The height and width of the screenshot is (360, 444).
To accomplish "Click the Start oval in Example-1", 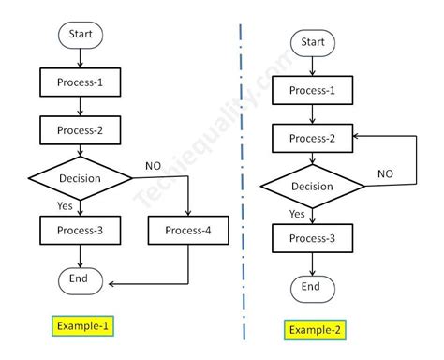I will coord(80,36).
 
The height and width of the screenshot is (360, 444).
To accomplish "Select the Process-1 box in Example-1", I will coord(80,83).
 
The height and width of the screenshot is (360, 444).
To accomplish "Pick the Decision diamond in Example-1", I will coord(80,176).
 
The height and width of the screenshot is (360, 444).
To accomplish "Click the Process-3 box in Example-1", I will coord(80,231).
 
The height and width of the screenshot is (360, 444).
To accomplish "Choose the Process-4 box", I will coord(188,231).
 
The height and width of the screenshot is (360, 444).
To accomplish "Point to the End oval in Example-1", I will coord(80,279).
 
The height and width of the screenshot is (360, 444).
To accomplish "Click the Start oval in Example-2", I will coord(312,42).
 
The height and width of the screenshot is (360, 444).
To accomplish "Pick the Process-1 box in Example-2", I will coord(312,90).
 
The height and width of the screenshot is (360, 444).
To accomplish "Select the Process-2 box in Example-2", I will coord(312,137).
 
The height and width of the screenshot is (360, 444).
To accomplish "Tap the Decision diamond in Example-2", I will coord(312,186).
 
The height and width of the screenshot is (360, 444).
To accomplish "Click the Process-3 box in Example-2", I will coord(312,239).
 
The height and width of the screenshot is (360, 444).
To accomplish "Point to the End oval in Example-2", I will coord(312,287).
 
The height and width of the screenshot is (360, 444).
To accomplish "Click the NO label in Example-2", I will coord(385,173).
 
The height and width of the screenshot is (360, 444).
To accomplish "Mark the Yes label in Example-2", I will coord(297,214).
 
